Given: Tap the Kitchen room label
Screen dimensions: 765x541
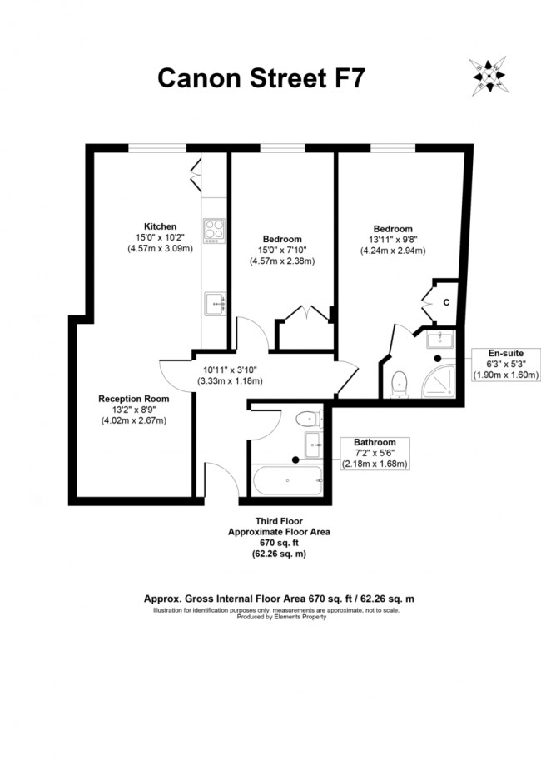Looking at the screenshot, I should [x=160, y=226].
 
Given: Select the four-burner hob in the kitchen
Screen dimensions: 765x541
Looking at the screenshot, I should [x=214, y=229].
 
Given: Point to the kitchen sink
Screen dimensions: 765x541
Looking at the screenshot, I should [x=214, y=304].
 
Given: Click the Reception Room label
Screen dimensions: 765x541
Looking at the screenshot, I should [x=133, y=399].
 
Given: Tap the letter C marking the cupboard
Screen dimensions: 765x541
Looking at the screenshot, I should [x=446, y=302].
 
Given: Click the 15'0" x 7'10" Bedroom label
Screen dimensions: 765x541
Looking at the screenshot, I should [x=281, y=239].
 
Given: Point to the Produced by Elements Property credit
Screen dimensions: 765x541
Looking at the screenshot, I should [x=280, y=617].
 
